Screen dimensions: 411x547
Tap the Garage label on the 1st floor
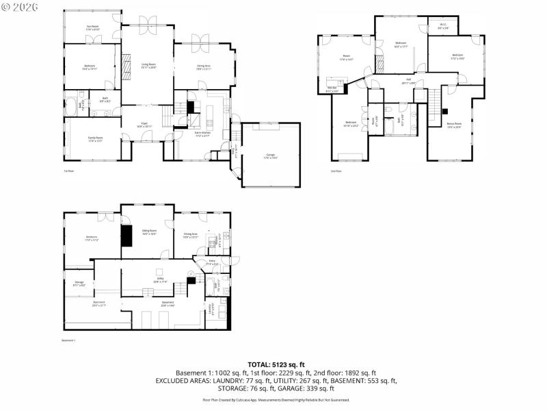coord(270,156)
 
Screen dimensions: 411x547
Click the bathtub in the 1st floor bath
coord(72,107)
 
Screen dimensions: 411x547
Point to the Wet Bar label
coord(332,89)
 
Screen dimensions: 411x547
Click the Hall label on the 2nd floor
coord(408,81)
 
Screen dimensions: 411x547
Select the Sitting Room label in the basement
coord(149,232)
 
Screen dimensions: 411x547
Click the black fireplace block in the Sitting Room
coord(126,235)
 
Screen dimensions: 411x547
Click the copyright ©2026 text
coord(20,6)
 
